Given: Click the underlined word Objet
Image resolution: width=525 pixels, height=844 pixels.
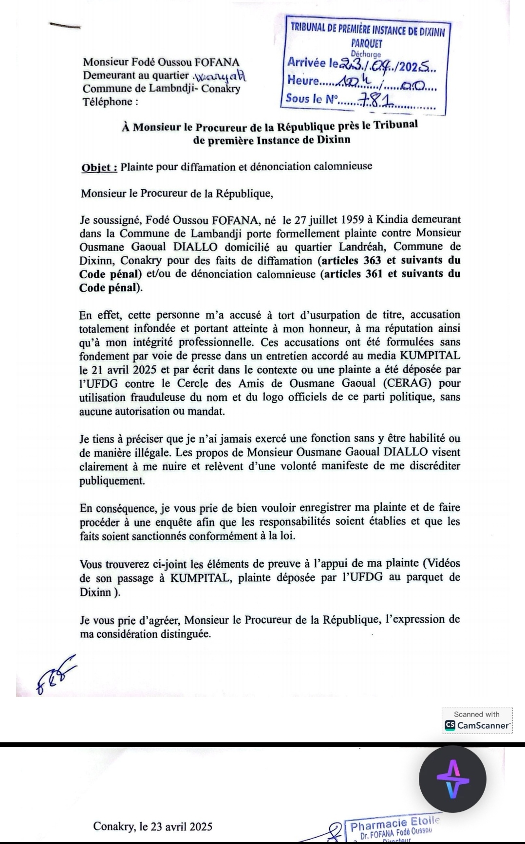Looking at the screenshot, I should coord(99,167).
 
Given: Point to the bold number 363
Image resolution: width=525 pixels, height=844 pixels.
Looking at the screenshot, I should coord(373,260).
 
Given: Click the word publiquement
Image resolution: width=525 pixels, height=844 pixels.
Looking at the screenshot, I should coord(112,481).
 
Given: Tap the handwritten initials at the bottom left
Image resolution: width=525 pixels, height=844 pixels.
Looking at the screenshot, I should coord(56,674).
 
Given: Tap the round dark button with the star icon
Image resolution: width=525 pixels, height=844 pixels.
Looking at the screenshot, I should coord(452,779).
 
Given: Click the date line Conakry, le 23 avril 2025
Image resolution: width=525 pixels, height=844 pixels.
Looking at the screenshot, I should coord(153,826).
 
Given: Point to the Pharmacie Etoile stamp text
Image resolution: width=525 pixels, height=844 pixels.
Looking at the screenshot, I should coord(394,825).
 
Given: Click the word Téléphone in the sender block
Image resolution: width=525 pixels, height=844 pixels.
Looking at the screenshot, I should coord(107,102).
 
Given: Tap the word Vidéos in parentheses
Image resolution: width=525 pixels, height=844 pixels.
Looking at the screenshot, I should coord(441,563).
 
